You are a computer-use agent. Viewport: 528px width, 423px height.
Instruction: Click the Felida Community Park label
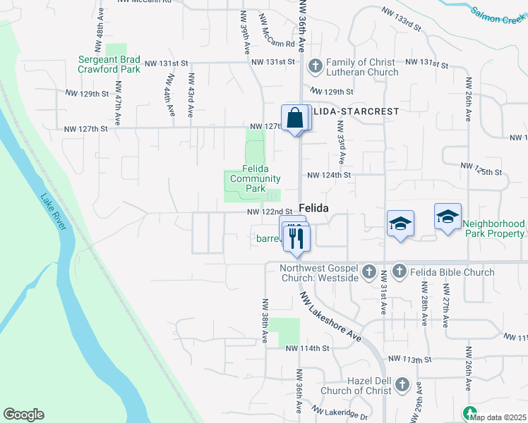[255, 178]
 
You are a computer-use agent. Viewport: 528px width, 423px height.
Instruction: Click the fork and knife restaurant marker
[296, 238]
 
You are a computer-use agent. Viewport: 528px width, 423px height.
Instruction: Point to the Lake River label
[54, 211]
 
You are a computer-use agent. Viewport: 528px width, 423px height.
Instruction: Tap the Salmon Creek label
[498, 15]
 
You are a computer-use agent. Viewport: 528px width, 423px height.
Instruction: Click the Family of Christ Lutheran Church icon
[315, 66]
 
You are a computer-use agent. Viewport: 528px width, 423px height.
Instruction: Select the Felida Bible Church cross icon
[399, 271]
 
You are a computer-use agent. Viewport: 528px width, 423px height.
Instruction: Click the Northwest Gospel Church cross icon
[368, 271]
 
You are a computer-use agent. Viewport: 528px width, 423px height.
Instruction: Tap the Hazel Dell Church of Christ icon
[402, 385]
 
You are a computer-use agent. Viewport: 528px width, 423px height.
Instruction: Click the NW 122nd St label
[270, 211]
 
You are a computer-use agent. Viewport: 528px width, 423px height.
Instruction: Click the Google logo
[23, 415]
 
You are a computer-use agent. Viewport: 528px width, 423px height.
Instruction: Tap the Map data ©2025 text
[498, 417]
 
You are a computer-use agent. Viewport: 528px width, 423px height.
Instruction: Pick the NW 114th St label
[308, 348]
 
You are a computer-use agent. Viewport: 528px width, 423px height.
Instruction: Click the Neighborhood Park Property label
[494, 228]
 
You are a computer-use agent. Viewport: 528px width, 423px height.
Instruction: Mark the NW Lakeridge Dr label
[339, 413]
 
